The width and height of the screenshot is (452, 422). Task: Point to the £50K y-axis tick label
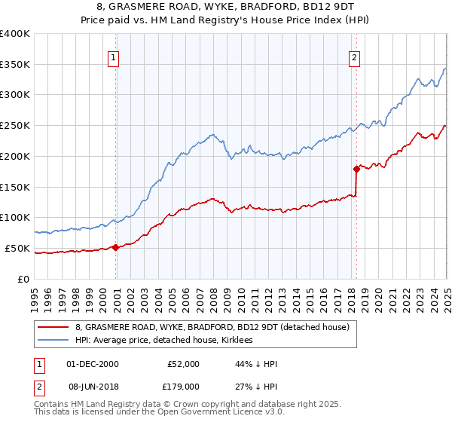point(17,248)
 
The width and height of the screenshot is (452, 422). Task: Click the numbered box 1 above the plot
point(114,56)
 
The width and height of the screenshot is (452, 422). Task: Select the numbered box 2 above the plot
point(354,56)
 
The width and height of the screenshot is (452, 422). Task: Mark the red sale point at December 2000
point(116,246)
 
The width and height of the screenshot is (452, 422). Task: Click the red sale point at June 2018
point(356,169)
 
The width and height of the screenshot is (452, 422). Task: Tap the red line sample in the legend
point(53,327)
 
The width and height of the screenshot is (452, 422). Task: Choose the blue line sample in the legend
point(53,340)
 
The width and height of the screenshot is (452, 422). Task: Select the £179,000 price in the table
point(184,386)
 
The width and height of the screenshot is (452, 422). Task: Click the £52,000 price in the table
point(184,364)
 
